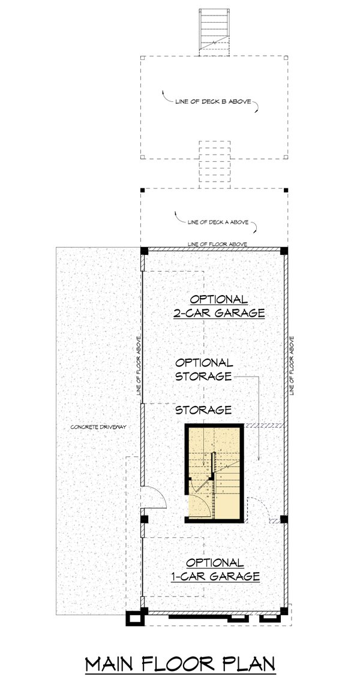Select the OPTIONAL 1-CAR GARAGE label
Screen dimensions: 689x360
click(x=214, y=569)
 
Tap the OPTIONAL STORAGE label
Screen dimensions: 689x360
click(x=203, y=369)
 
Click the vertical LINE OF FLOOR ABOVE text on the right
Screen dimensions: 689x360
click(x=292, y=365)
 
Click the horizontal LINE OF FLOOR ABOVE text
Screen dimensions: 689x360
click(x=217, y=244)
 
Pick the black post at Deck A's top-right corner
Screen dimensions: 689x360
click(x=286, y=190)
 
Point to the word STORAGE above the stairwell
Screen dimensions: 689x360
click(x=203, y=410)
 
